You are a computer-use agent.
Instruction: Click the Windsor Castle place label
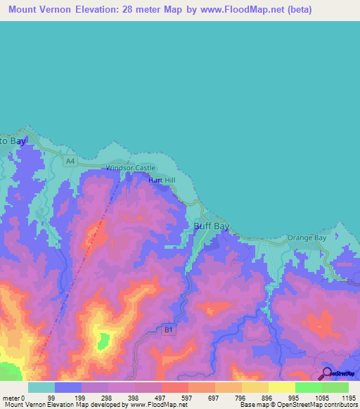tap(130, 168)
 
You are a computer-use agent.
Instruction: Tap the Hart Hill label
tap(161, 181)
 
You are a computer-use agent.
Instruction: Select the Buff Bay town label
tap(211, 226)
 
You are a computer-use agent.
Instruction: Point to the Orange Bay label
tap(308, 238)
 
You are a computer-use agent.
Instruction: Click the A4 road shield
tap(70, 162)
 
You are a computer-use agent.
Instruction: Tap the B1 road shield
tap(168, 329)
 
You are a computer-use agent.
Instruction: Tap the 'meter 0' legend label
tap(13, 396)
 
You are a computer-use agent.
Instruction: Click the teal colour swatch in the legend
tap(41, 387)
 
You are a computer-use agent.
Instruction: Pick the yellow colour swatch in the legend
tap(282, 387)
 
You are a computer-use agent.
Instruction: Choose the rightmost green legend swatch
tap(335, 387)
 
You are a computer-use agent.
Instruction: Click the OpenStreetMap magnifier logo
tap(326, 373)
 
